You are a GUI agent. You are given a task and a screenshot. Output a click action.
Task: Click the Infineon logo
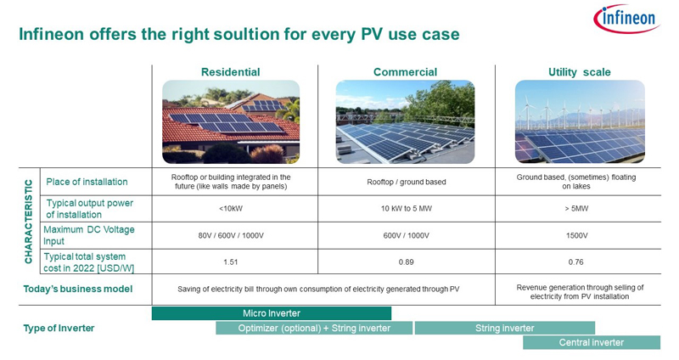[x=626, y=19]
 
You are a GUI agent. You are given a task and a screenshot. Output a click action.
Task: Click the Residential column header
[x=230, y=72]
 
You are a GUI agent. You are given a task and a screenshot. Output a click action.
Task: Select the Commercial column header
[x=406, y=72]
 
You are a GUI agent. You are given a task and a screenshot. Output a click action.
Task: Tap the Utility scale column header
[x=580, y=72]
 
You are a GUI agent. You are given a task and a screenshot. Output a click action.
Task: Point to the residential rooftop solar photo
[x=231, y=121]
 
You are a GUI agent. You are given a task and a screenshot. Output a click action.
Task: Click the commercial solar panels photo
[x=406, y=121]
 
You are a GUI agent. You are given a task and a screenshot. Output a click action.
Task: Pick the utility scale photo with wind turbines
[x=580, y=121]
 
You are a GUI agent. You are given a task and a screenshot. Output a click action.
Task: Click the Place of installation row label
[x=87, y=182]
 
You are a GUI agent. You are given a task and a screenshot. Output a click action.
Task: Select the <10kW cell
[x=231, y=208]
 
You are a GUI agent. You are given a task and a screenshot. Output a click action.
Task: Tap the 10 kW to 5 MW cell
[x=407, y=208]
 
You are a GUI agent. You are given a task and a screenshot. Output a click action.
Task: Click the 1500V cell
[x=577, y=236]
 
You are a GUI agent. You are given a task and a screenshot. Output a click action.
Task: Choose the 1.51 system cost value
[x=231, y=262]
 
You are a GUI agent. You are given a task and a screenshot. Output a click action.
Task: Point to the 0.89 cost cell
[x=407, y=262]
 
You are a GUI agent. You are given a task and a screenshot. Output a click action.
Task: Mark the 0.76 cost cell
[x=576, y=262]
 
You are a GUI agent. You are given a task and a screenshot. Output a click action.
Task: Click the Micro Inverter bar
[x=272, y=313]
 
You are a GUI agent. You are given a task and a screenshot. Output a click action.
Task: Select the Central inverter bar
[x=592, y=342]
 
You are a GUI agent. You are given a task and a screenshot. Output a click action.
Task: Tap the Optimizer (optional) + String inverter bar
[x=314, y=328]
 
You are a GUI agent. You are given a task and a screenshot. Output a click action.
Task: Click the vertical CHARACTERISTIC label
[x=29, y=222]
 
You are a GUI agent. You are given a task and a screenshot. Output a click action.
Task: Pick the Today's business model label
[x=78, y=289]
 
